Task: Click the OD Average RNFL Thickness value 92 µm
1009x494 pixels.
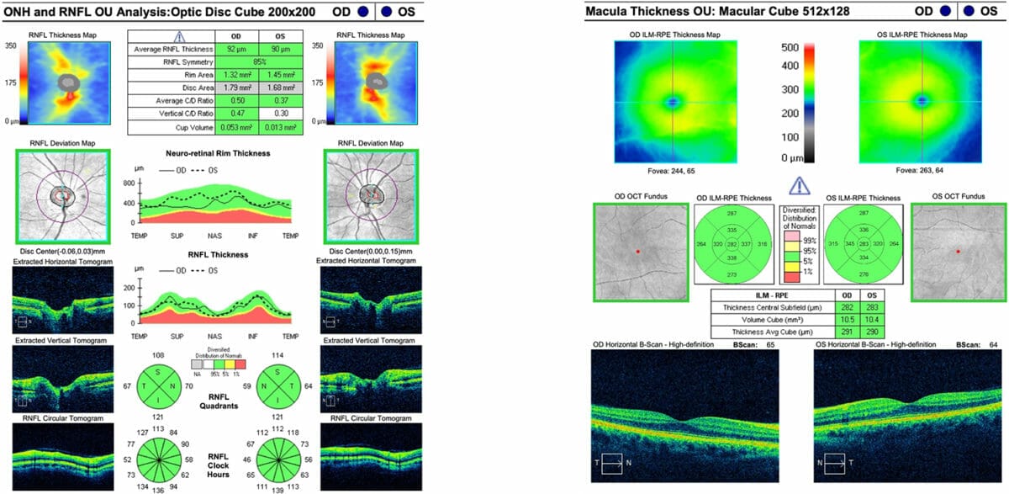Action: coord(235,50)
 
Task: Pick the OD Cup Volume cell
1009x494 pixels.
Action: coord(235,125)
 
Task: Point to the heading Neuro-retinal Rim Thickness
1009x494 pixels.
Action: coord(219,154)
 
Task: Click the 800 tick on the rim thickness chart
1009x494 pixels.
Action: coord(129,181)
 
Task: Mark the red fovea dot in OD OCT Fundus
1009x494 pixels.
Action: coord(638,252)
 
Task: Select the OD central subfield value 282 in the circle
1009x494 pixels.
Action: coord(732,244)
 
